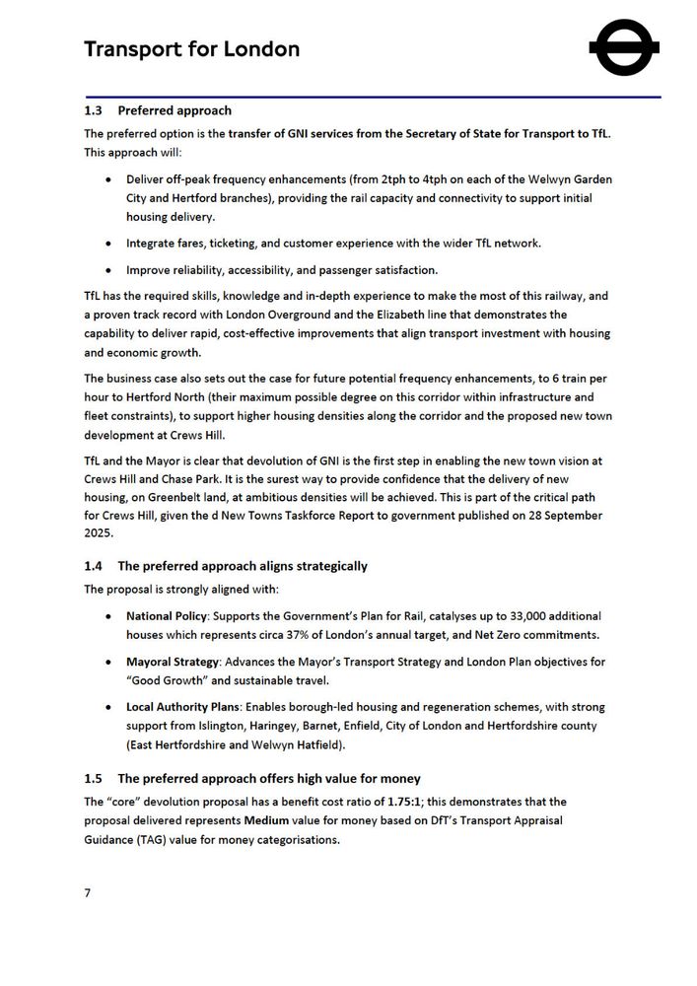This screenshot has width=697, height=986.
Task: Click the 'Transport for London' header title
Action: [191, 49]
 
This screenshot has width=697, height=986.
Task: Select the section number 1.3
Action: [95, 110]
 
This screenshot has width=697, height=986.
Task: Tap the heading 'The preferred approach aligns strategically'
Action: [243, 566]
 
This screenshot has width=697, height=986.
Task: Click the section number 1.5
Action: [95, 779]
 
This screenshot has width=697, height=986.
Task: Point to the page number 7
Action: [88, 893]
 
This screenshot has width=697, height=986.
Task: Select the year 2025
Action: [100, 534]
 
